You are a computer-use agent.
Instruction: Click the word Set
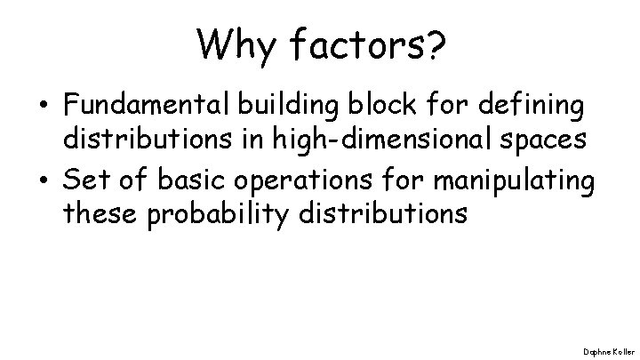(x=83, y=181)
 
